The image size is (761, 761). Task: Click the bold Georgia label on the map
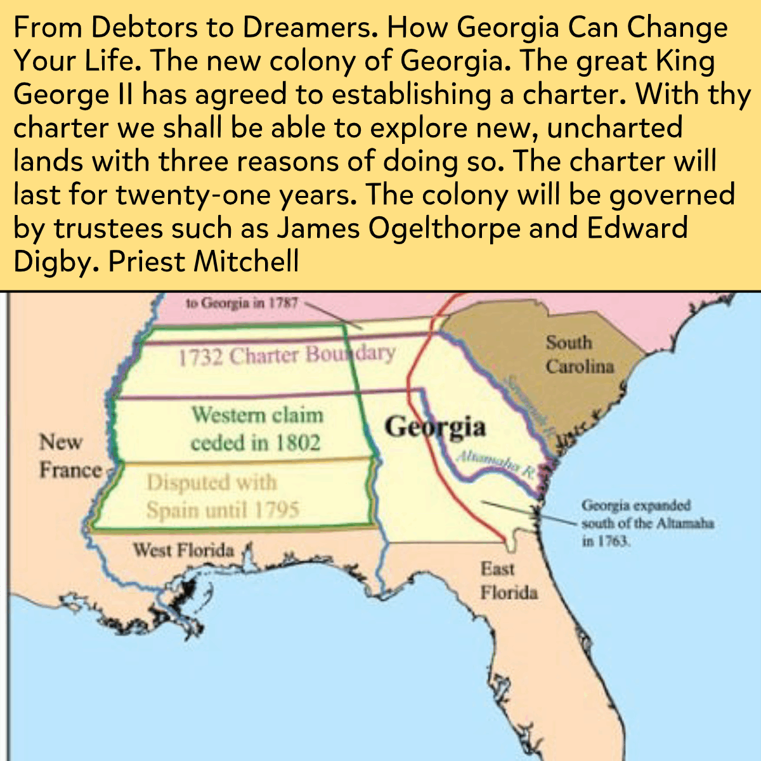pos(435,427)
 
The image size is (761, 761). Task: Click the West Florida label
pos(183,550)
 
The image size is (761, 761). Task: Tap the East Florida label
pos(509,580)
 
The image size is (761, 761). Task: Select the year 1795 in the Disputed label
pos(276,510)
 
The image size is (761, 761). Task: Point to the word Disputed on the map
pos(187,483)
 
